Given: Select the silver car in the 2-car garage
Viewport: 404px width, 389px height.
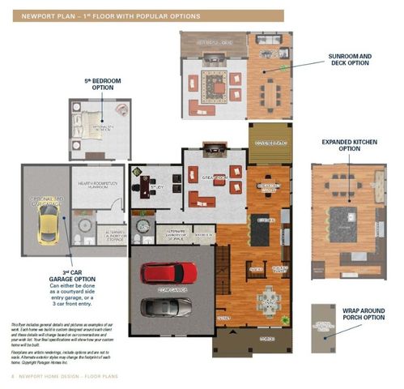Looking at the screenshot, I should [x=166, y=307].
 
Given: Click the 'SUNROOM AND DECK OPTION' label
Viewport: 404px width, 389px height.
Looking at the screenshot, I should [x=350, y=62].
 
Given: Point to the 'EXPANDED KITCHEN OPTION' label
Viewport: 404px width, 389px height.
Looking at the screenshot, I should [x=349, y=144].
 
